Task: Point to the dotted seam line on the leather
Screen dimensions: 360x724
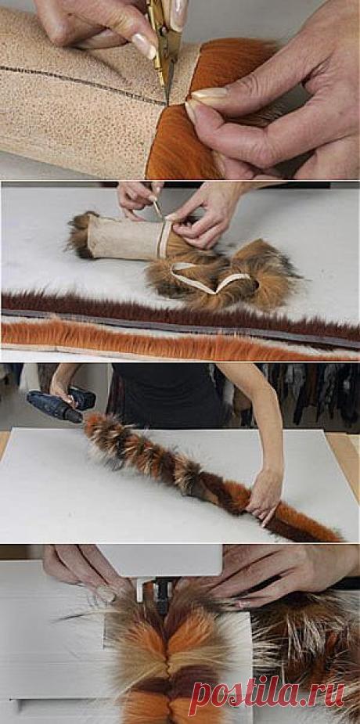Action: [83, 83]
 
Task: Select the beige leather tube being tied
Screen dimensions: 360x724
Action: [124, 237]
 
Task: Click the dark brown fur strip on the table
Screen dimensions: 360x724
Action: [180, 315]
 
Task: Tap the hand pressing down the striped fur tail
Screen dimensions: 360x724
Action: [264, 498]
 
